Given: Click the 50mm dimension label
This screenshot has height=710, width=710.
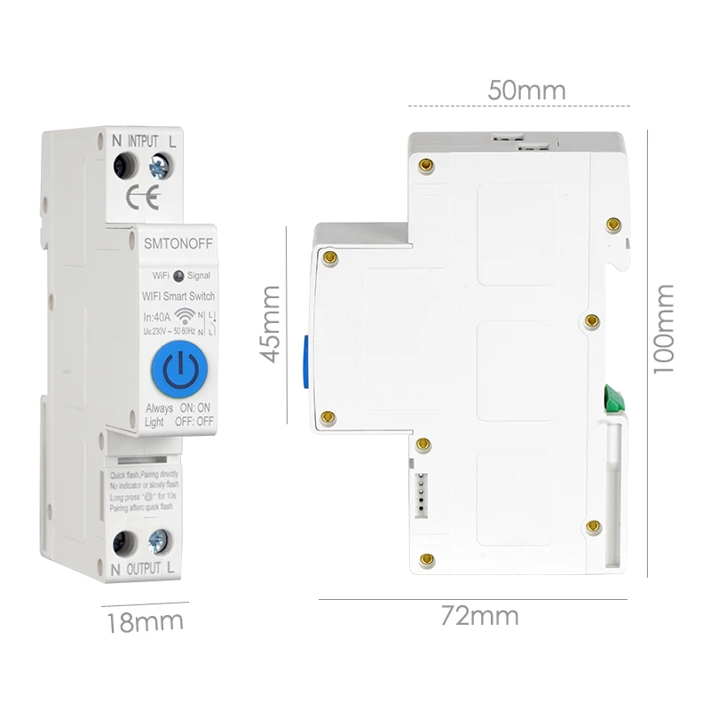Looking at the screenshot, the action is click(x=526, y=91).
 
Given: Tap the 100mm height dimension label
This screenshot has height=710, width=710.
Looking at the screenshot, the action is click(x=664, y=328).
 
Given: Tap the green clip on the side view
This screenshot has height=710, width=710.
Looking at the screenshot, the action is click(x=613, y=399).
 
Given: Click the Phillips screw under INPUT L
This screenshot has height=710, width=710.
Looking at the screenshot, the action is click(x=162, y=164).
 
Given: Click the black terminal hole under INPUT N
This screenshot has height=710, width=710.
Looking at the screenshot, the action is click(x=124, y=164).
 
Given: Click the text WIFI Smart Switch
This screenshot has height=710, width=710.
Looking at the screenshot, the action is click(x=177, y=296).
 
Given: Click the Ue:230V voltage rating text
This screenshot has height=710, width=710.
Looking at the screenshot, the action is click(x=161, y=330).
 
